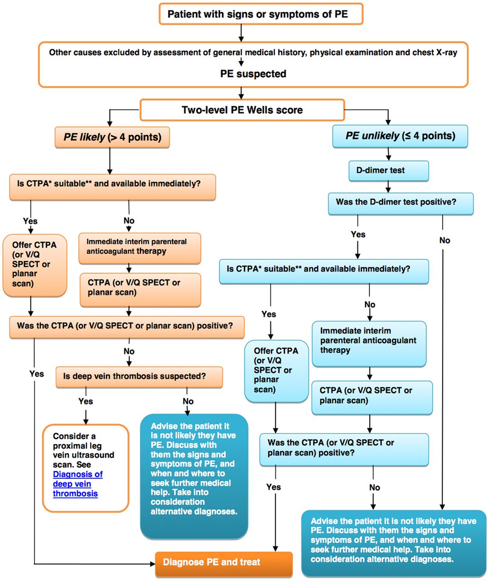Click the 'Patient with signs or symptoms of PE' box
pyautogui.click(x=261, y=14)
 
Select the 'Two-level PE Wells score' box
pyautogui.click(x=242, y=110)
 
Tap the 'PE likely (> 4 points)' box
pyautogui.click(x=112, y=137)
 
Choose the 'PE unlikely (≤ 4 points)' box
pyautogui.click(x=400, y=136)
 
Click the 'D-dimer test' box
pyautogui.click(x=388, y=171)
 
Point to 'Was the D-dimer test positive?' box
pyautogui.click(x=400, y=202)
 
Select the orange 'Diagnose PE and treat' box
pyautogui.click(x=224, y=563)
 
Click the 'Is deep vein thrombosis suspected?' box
pyautogui.click(x=139, y=377)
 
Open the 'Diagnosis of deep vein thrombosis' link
pyautogui.click(x=78, y=484)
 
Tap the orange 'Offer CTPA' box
pyautogui.click(x=35, y=265)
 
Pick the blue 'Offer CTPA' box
pyautogui.click(x=276, y=370)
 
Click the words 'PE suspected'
pyautogui.click(x=253, y=74)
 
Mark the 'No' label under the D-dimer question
pyautogui.click(x=445, y=241)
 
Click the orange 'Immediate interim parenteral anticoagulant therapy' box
pyautogui.click(x=139, y=247)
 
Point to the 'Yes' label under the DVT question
pyautogui.click(x=86, y=401)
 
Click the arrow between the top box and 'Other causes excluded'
pyautogui.click(x=241, y=33)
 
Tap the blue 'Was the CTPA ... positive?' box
pyautogui.click(x=344, y=448)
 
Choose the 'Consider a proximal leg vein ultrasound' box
pyautogui.click(x=85, y=468)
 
